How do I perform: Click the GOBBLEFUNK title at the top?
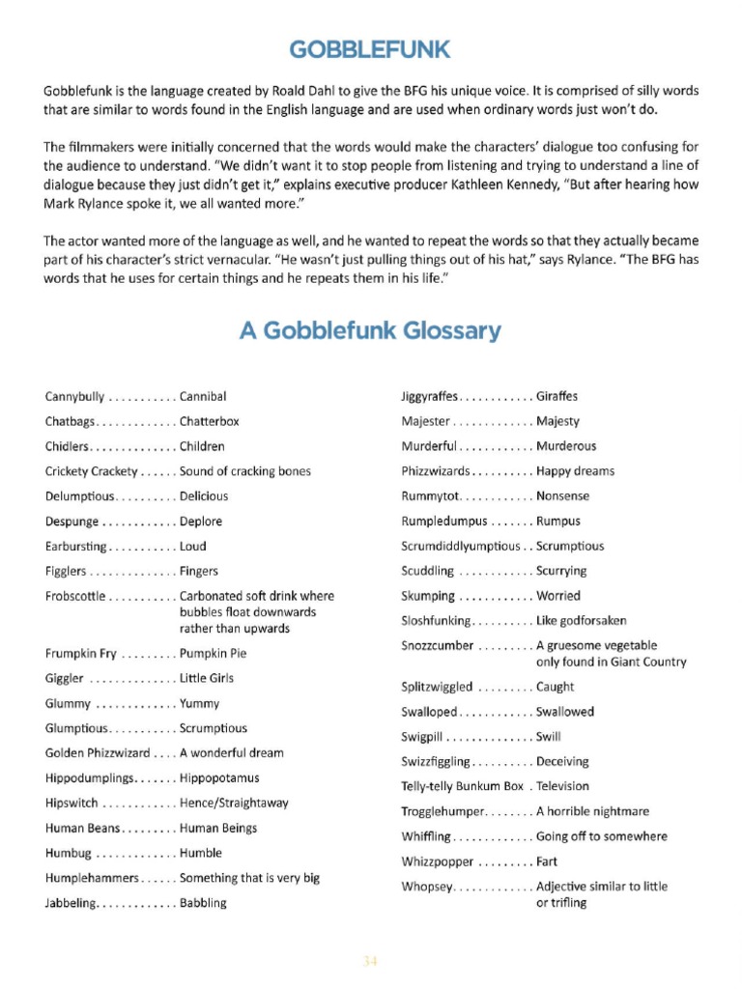click(x=370, y=49)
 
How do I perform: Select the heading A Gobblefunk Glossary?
click(x=370, y=331)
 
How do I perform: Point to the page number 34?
click(x=370, y=960)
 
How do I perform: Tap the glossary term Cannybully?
click(x=74, y=397)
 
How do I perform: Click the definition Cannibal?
click(x=203, y=397)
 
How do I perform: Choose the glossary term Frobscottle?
click(x=75, y=597)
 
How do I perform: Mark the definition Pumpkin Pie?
click(x=213, y=654)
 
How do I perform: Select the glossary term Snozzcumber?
click(x=437, y=646)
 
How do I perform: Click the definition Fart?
click(x=547, y=862)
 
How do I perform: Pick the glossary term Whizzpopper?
click(x=437, y=862)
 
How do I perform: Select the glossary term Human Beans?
click(x=82, y=829)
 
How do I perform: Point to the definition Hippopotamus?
click(x=219, y=778)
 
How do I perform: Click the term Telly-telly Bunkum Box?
click(x=462, y=787)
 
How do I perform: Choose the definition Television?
click(x=562, y=787)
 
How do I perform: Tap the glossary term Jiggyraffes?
click(x=429, y=397)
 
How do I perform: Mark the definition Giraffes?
click(x=557, y=397)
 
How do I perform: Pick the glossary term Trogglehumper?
click(x=441, y=812)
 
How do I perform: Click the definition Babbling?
click(x=203, y=904)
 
